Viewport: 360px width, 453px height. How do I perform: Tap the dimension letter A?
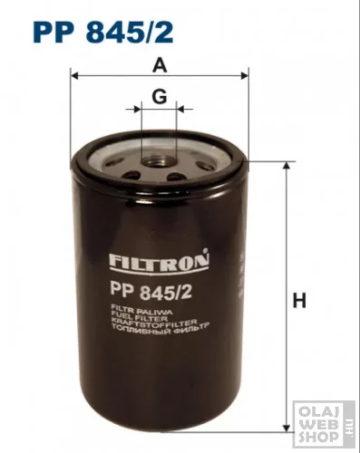[x=160, y=65]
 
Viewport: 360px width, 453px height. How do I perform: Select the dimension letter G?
[x=160, y=96]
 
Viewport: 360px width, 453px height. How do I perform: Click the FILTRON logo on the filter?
[x=159, y=264]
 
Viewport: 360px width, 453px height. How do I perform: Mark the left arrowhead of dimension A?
[x=73, y=77]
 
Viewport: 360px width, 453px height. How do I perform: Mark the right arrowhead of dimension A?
[x=245, y=77]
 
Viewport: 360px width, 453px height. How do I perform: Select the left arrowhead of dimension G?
[x=140, y=109]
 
